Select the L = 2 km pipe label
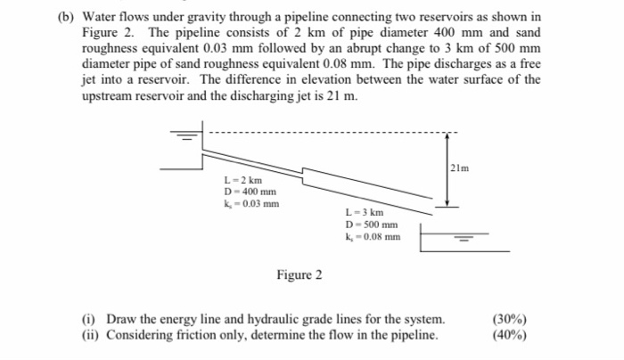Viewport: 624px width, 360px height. [242, 181]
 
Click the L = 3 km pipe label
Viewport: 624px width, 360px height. [364, 213]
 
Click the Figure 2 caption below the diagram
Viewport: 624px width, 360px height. [299, 274]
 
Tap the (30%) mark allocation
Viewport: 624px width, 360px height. [509, 319]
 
